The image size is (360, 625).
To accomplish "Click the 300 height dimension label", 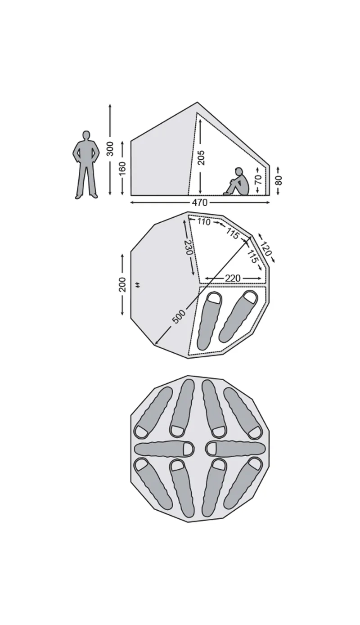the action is [111, 149].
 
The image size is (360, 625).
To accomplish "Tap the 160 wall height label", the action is [122, 168].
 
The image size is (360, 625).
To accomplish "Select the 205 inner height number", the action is [201, 157].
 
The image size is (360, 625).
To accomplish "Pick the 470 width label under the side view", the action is [200, 202].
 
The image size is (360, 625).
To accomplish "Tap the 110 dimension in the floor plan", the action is [204, 222].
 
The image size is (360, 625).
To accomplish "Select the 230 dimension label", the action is [189, 247].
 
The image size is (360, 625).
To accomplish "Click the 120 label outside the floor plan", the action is [265, 248].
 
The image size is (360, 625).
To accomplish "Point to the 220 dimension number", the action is [233, 278].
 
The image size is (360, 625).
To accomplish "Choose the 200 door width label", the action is [123, 284].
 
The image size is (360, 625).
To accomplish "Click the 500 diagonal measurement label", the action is [179, 317].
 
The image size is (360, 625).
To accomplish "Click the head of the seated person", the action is [238, 171].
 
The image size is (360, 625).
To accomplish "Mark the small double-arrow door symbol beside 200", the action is [137, 285].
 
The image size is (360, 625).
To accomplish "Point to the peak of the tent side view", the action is [197, 102].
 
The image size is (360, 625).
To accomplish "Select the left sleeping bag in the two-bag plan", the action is [209, 321].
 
